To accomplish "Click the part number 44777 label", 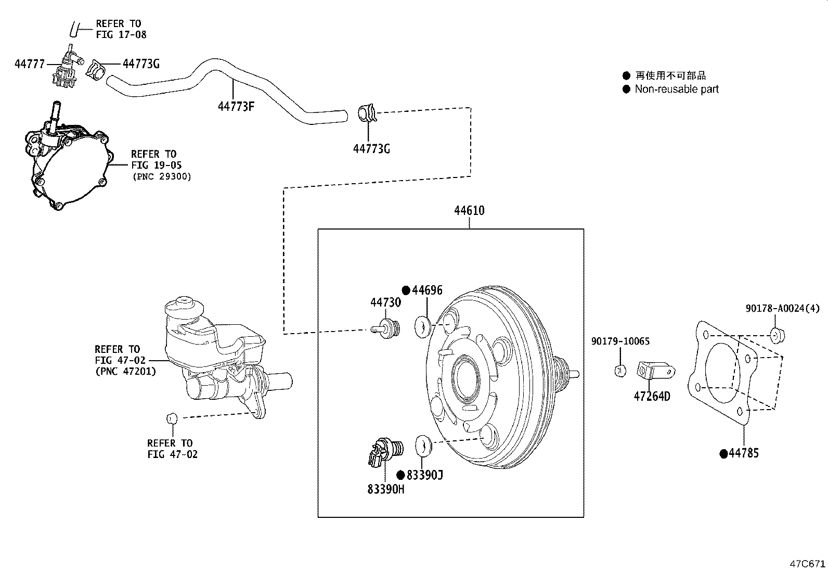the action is (x=30, y=64).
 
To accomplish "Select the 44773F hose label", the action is (x=236, y=107).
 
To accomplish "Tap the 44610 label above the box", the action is (x=469, y=210).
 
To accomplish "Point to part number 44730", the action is (x=385, y=302).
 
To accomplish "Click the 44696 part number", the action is (x=428, y=290).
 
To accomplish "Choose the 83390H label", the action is (x=385, y=489).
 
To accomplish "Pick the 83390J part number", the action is (x=425, y=475).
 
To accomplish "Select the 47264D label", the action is (x=652, y=396).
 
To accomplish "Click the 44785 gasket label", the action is (x=744, y=453).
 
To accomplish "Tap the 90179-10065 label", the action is (x=620, y=341).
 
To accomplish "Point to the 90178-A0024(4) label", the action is (x=783, y=308).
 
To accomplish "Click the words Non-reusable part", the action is (x=677, y=89).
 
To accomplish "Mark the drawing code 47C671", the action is (x=807, y=564).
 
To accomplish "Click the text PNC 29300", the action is (x=162, y=176).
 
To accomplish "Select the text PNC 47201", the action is (x=126, y=371).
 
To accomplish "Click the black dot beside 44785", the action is (x=723, y=454).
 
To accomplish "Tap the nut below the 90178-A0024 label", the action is (x=778, y=335).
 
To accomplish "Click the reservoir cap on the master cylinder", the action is (x=184, y=305).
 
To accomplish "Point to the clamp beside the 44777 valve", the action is (x=96, y=70).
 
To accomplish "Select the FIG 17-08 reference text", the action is (x=121, y=35).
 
